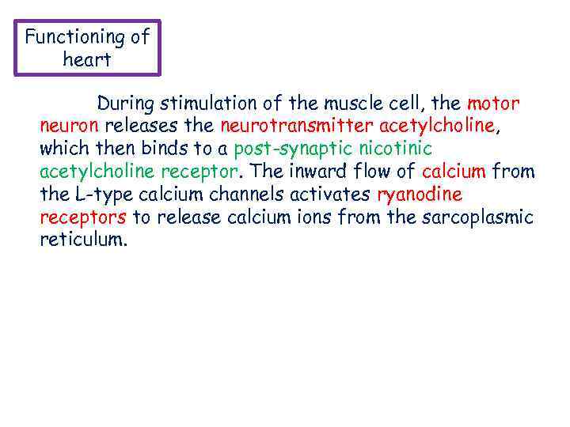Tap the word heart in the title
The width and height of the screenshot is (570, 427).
pos(87,60)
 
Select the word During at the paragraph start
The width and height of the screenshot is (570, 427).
pos(126,104)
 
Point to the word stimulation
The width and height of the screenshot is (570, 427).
pos(207,104)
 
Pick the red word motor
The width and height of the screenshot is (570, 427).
pos(493,104)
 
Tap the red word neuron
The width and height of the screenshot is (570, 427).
pos(69,127)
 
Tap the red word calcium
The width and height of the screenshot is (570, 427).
pos(454,172)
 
